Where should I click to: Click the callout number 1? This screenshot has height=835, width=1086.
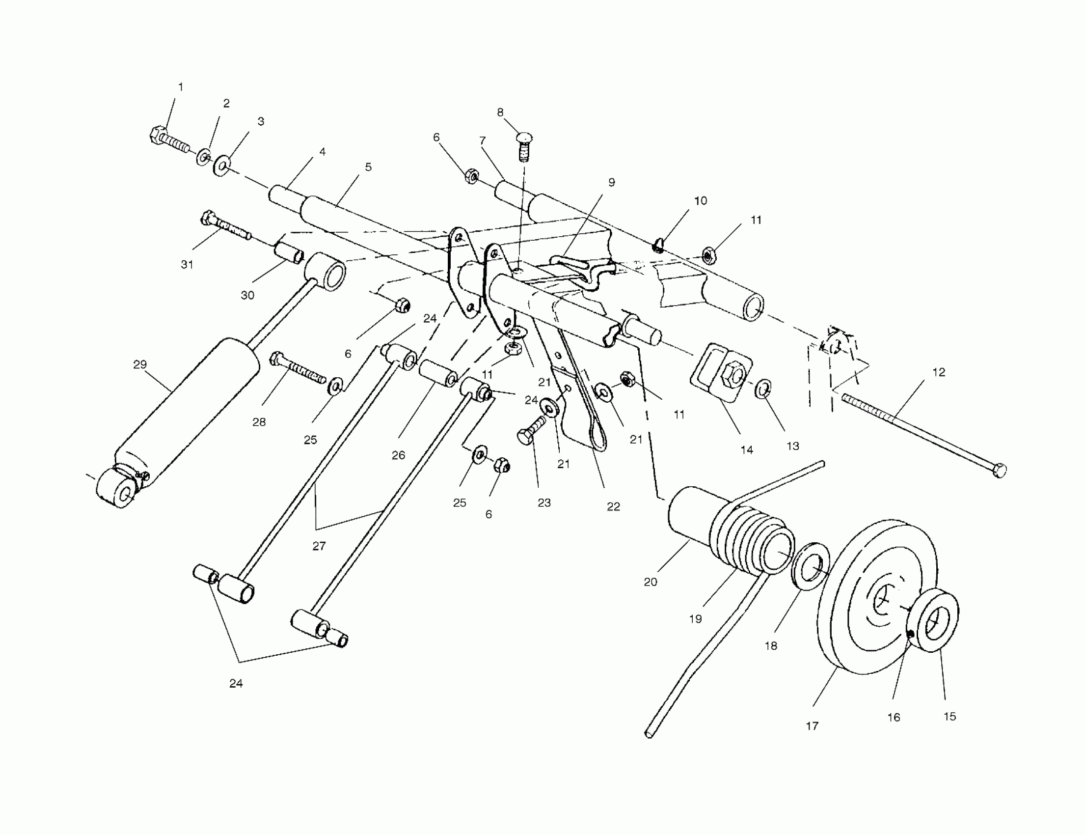click(181, 87)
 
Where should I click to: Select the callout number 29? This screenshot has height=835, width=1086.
click(140, 364)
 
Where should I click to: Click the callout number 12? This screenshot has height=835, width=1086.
click(938, 372)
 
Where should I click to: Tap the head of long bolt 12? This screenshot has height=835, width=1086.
click(1000, 470)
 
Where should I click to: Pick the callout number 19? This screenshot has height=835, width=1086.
click(695, 619)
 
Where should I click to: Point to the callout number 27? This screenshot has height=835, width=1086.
click(319, 546)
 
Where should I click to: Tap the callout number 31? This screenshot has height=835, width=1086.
click(187, 264)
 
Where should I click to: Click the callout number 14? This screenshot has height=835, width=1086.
click(747, 450)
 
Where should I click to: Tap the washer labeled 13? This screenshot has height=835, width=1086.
click(763, 389)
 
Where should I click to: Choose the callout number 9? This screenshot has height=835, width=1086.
click(612, 182)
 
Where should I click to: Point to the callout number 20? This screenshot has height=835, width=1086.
click(651, 582)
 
